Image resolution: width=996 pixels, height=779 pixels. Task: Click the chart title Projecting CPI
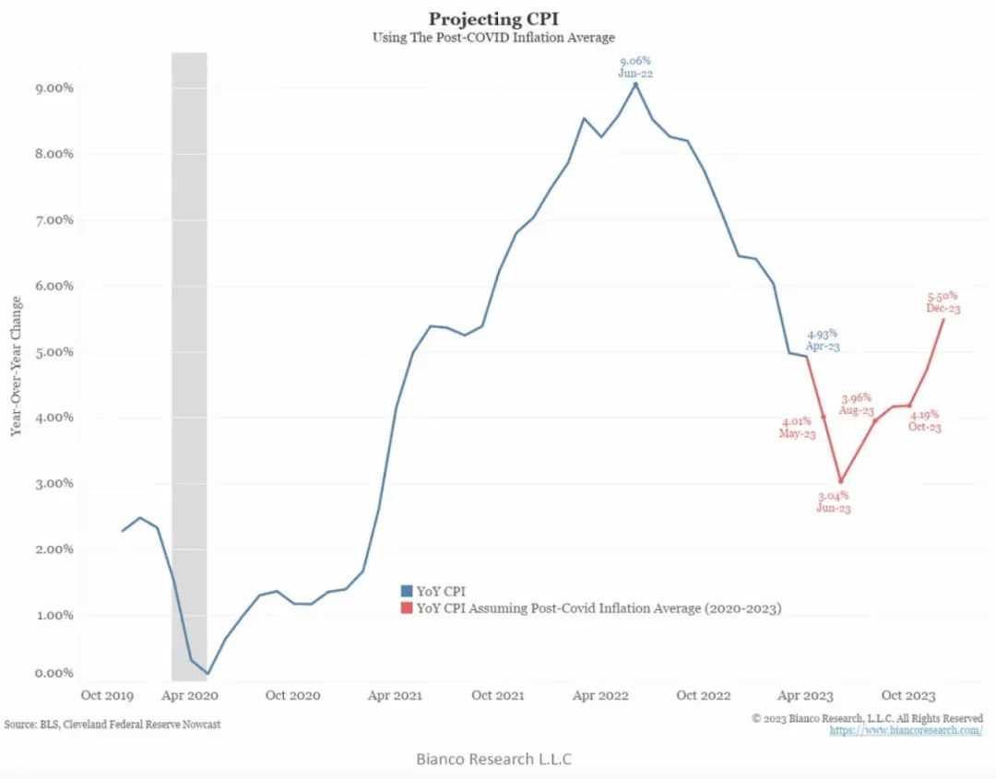point(493,18)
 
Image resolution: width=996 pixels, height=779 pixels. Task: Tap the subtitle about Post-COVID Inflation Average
point(493,37)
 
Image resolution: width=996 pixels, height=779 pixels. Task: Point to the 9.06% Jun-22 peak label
point(634,66)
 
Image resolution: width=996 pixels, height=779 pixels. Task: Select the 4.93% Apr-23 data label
point(824,340)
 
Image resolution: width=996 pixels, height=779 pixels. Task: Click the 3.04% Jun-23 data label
point(833,502)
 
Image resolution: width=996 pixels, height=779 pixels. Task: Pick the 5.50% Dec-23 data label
point(943,302)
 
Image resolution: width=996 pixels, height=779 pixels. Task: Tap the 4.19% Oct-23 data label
point(925,420)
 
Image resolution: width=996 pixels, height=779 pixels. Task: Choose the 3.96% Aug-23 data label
point(858,403)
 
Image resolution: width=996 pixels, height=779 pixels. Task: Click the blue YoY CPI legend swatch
point(407,590)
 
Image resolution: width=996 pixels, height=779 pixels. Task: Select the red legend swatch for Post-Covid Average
point(407,608)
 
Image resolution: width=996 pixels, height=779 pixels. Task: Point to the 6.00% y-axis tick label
point(28,286)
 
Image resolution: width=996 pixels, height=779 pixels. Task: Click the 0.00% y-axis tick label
point(28,674)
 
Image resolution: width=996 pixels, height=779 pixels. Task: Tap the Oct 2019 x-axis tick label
point(108,695)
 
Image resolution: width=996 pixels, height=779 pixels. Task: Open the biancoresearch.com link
point(906,730)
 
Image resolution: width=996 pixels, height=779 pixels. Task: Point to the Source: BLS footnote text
point(113,725)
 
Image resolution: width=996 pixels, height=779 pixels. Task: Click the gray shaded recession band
point(189,369)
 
